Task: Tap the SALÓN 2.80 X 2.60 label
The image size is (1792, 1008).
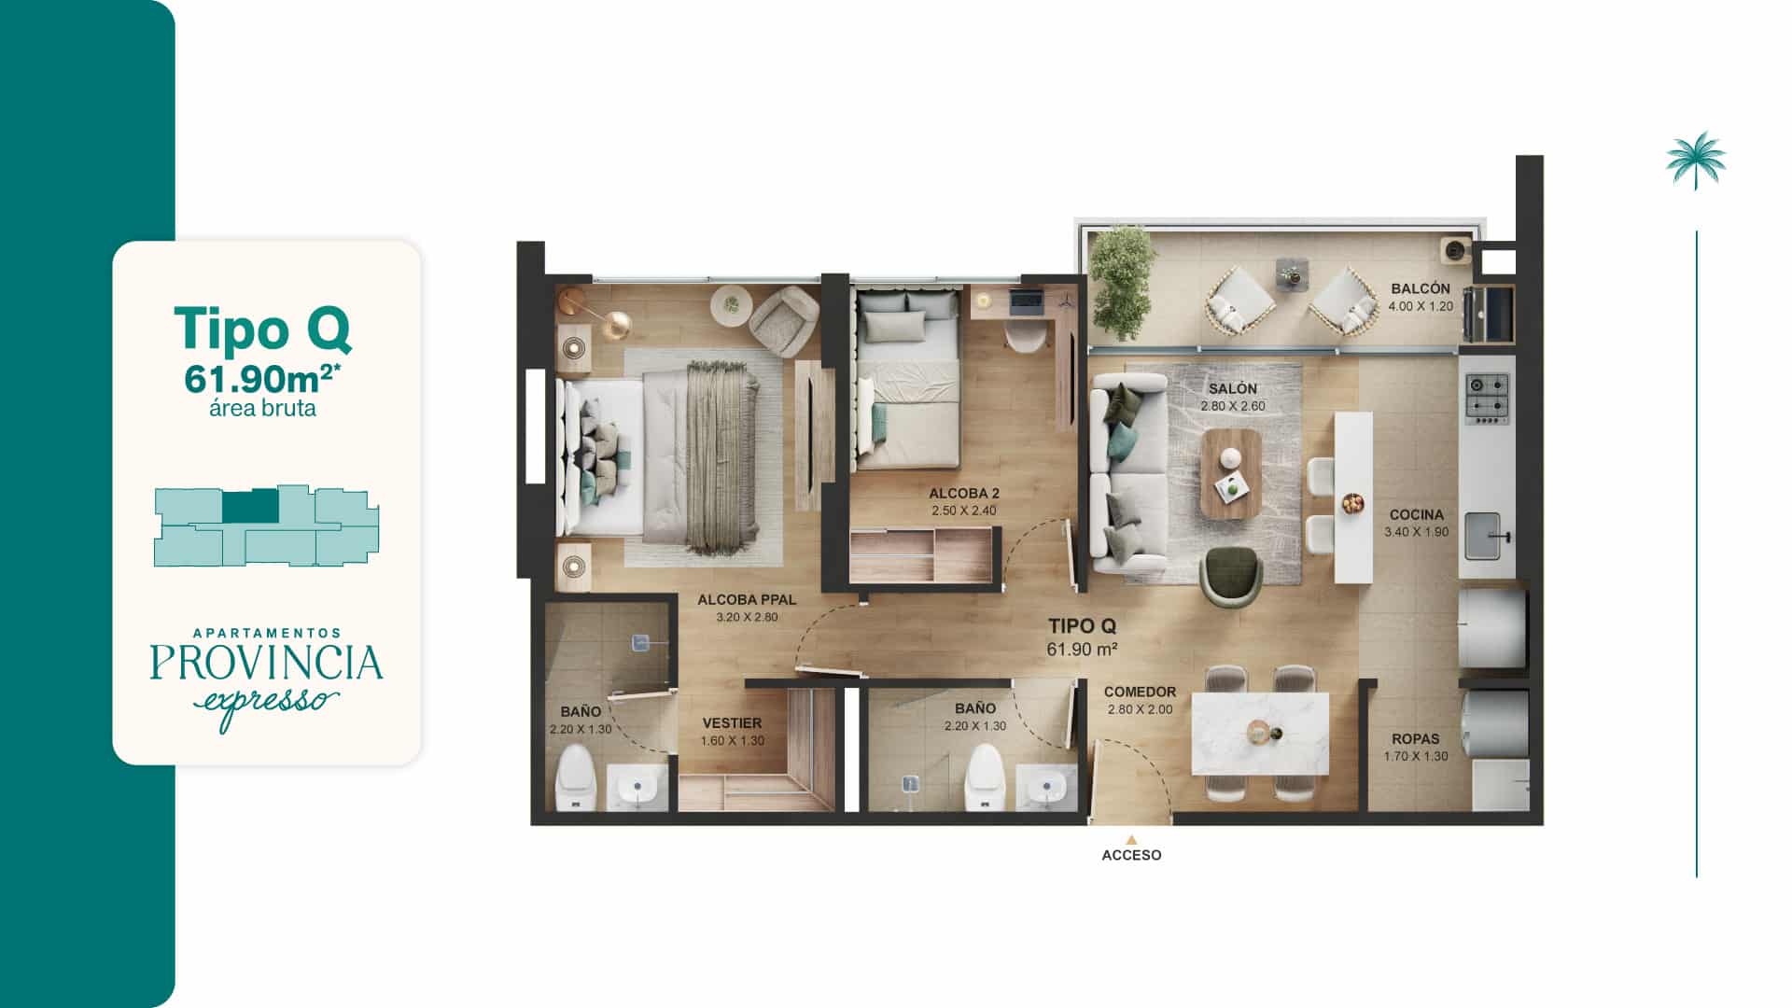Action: pos(1232,397)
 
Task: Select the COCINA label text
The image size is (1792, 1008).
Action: pos(1416,514)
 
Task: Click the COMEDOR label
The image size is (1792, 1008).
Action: pos(1140,692)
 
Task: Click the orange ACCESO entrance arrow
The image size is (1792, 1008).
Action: pos(1131,839)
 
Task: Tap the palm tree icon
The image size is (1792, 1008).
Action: pos(1696,160)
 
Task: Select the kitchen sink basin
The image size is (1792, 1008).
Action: pos(1482,536)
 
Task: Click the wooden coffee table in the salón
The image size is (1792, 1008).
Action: pos(1231,474)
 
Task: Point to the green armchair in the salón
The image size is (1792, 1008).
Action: pos(1232,576)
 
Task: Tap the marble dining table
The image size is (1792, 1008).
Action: pos(1260,733)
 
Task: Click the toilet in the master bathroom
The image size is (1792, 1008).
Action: pos(575,777)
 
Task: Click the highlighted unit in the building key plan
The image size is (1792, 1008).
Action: pos(250,506)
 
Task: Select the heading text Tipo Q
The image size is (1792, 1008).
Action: pos(262,329)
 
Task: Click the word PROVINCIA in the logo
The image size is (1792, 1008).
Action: pos(266,662)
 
